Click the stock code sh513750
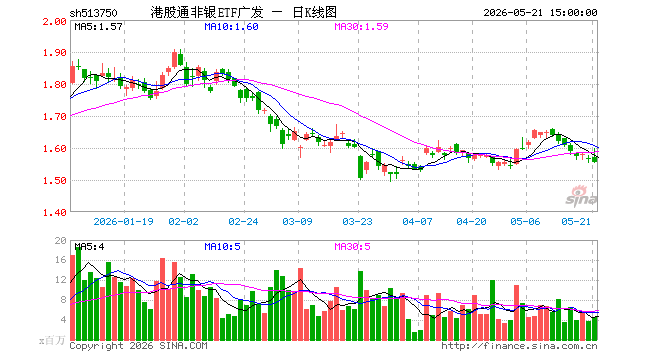click(93, 13)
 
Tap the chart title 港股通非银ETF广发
click(207, 12)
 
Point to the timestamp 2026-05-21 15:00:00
click(540, 13)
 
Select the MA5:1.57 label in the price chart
click(98, 27)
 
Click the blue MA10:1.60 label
click(232, 27)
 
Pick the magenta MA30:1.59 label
click(362, 27)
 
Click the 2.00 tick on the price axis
click(55, 21)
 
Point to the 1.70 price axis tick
click(55, 117)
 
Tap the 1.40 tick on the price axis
click(55, 213)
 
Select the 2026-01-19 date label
click(123, 221)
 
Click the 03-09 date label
click(298, 221)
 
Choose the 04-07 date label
click(418, 221)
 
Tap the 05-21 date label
click(576, 221)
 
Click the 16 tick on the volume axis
click(61, 260)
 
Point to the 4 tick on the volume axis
click(64, 320)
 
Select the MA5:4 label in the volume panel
click(89, 247)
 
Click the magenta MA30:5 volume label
click(353, 247)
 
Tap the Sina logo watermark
click(581, 197)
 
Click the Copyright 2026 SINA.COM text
click(138, 346)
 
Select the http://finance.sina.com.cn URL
click(519, 346)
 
